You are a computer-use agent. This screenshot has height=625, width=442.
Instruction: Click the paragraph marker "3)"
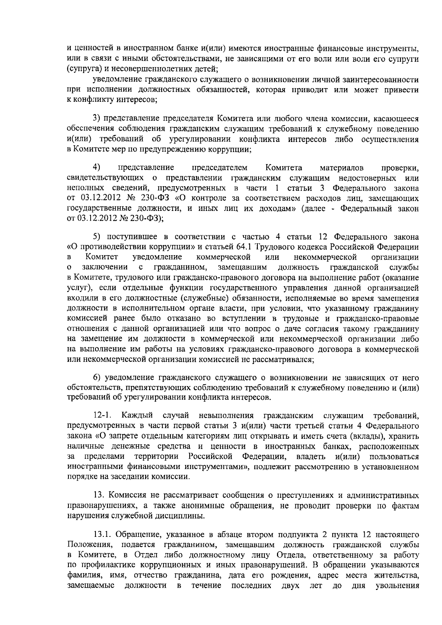click(97, 119)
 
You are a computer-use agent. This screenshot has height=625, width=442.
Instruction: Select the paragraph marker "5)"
click(97, 236)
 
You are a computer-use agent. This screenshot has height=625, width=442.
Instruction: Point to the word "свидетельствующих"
click(105, 178)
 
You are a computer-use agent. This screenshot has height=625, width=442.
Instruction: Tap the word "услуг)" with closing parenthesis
click(78, 287)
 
